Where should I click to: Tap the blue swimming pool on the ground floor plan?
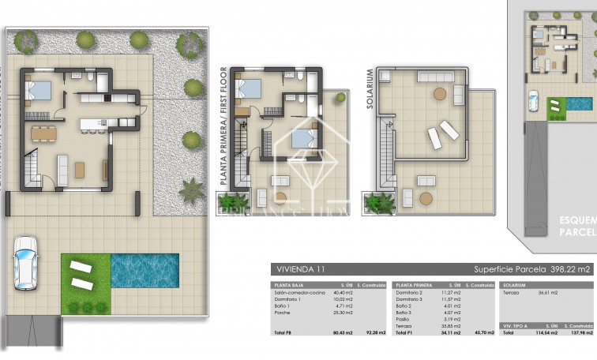[x=145, y=270]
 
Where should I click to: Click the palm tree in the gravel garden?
[x=191, y=189]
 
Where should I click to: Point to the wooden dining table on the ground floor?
[x=44, y=133]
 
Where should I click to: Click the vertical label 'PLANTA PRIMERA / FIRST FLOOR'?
[x=224, y=127]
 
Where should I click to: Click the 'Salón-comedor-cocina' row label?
[x=295, y=292]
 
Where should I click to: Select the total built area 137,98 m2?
[x=581, y=332]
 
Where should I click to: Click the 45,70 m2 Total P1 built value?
[x=483, y=332]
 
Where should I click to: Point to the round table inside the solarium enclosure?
[x=439, y=93]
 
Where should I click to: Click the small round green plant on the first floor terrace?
[x=340, y=98]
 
